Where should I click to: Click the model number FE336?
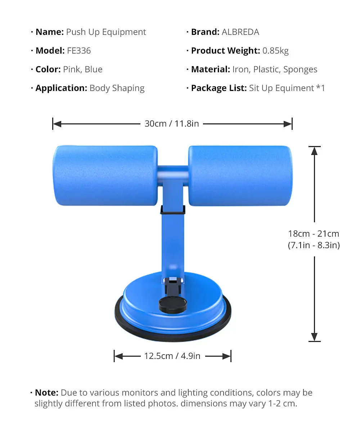coord(79,51)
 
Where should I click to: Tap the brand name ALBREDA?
coord(240,32)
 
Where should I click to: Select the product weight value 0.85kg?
coord(275,51)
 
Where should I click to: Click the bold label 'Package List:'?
coord(219,88)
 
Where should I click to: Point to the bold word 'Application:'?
coord(61,88)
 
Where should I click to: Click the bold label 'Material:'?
coord(211,69)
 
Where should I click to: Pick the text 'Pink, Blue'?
coord(83,69)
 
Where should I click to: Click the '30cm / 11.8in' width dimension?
coord(172,124)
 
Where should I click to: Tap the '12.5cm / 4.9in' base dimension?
coord(172,356)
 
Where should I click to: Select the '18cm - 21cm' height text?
coord(314,234)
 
